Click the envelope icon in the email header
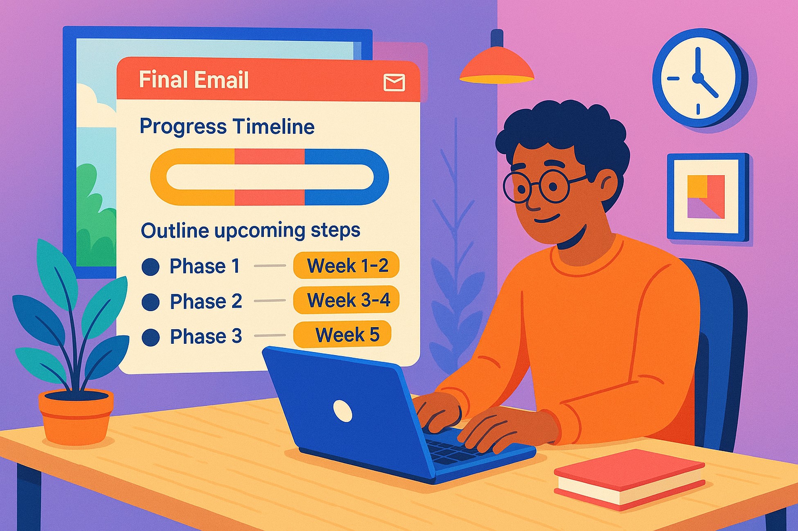point(394,82)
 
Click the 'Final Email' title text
point(194,80)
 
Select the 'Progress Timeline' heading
point(227,126)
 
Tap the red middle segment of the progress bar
point(270,157)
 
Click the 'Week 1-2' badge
point(346,266)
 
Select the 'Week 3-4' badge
point(346,300)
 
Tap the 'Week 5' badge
point(343,335)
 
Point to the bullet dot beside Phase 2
point(151,302)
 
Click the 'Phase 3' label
point(206,336)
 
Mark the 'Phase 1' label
point(205,267)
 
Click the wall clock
point(699,78)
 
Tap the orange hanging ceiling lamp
point(497,65)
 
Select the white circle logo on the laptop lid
point(343,410)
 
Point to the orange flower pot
point(76,417)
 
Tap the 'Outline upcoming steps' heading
point(250,231)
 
